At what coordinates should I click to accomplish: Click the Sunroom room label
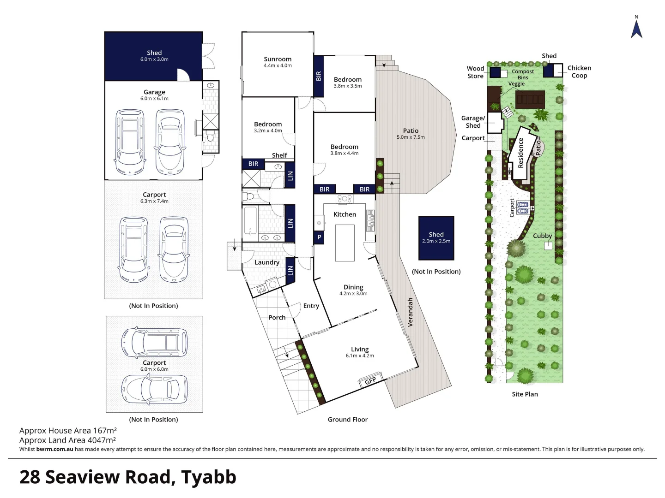click(x=278, y=59)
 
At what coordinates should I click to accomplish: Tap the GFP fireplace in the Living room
click(x=370, y=380)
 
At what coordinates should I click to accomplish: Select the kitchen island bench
click(x=345, y=243)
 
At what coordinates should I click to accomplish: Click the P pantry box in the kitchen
click(x=319, y=237)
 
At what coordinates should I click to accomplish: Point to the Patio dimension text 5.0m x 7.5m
click(x=411, y=137)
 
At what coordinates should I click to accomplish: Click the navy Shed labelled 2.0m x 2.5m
click(x=436, y=238)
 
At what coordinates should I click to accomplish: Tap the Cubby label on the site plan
click(x=542, y=236)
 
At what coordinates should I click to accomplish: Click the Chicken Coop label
click(x=579, y=71)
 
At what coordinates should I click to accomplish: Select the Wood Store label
click(x=475, y=72)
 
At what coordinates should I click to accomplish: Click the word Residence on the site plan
click(x=520, y=153)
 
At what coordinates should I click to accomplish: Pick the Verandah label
click(x=410, y=312)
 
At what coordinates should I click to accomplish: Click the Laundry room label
click(x=267, y=262)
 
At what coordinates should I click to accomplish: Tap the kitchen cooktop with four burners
click(x=345, y=199)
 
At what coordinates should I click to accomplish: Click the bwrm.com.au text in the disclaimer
click(x=54, y=449)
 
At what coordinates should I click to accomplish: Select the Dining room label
click(x=353, y=287)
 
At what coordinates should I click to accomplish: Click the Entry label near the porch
click(x=311, y=306)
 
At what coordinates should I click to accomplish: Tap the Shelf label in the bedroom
click(x=279, y=155)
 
